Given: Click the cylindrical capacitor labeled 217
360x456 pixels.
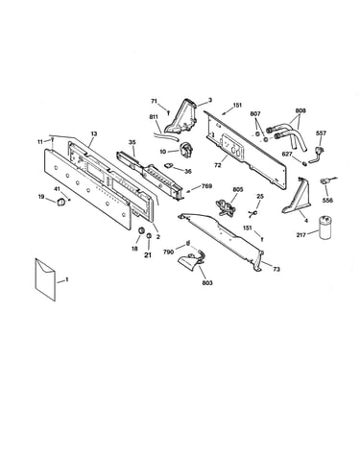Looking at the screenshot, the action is pos(324,228).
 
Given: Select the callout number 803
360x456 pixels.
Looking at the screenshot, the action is pos(207,283).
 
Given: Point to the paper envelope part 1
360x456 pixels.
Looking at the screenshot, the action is pos(45,279).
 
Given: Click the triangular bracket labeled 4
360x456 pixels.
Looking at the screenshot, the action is pos(298,196).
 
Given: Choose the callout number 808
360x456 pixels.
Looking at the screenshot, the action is pos(300,110).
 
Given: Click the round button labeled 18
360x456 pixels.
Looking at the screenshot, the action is pos(140,230).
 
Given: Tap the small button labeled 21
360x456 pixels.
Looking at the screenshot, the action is pos(149,236).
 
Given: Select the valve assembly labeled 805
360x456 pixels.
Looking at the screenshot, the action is pos(226,205).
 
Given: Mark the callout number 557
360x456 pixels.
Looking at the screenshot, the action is pos(321,133).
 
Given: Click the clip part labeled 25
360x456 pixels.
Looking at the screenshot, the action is pos(253,213).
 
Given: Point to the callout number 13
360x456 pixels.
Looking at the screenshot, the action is pos(93,133).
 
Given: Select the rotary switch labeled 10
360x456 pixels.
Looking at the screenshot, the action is pos(186,149).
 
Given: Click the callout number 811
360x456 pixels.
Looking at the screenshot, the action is pos(154,117).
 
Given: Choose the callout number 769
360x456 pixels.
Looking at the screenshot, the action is pos(206,186).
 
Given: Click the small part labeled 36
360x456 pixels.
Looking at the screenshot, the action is pos(169,165).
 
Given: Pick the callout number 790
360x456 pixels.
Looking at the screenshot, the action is pos(169,252).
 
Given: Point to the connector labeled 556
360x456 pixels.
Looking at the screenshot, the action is pos(325,181).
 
